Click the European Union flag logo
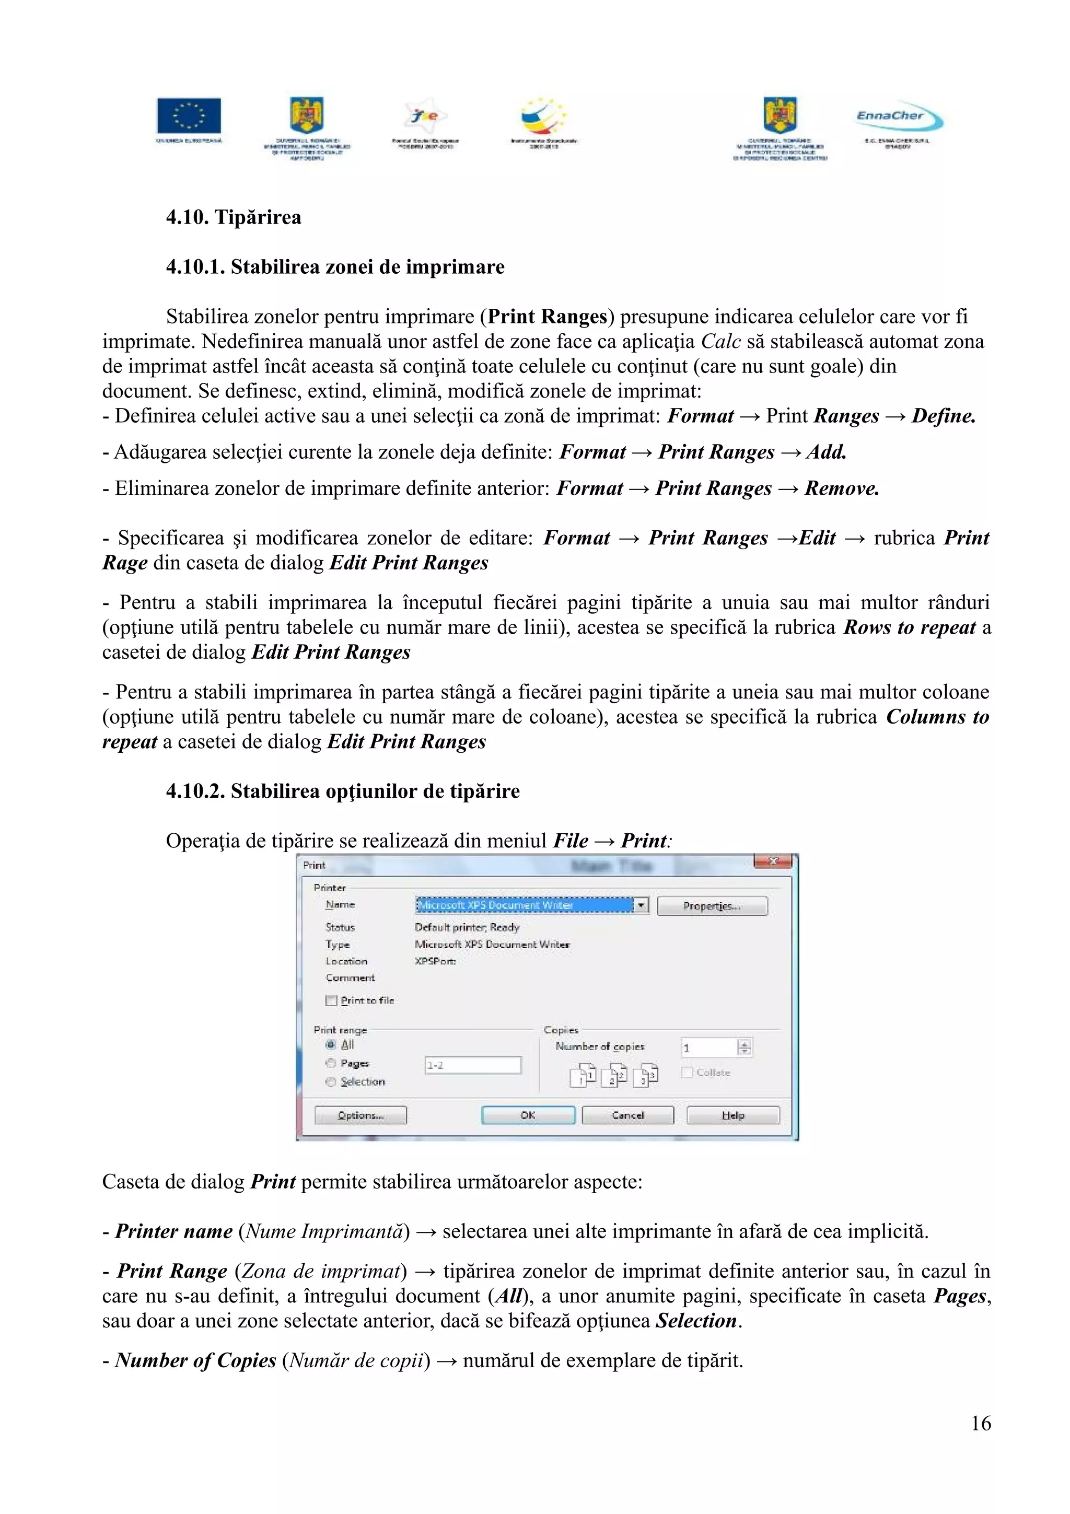(x=189, y=116)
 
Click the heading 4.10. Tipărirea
(x=234, y=218)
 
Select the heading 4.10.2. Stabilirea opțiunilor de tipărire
(x=342, y=791)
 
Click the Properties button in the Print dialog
(x=712, y=906)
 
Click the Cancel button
(x=627, y=1115)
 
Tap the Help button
(x=732, y=1115)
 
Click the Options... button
(x=360, y=1115)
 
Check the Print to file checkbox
(x=332, y=1000)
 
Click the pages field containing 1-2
(x=473, y=1065)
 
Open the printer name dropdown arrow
(x=641, y=905)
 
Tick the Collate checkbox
(x=687, y=1072)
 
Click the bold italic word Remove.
(x=841, y=488)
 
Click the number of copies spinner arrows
(x=745, y=1047)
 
